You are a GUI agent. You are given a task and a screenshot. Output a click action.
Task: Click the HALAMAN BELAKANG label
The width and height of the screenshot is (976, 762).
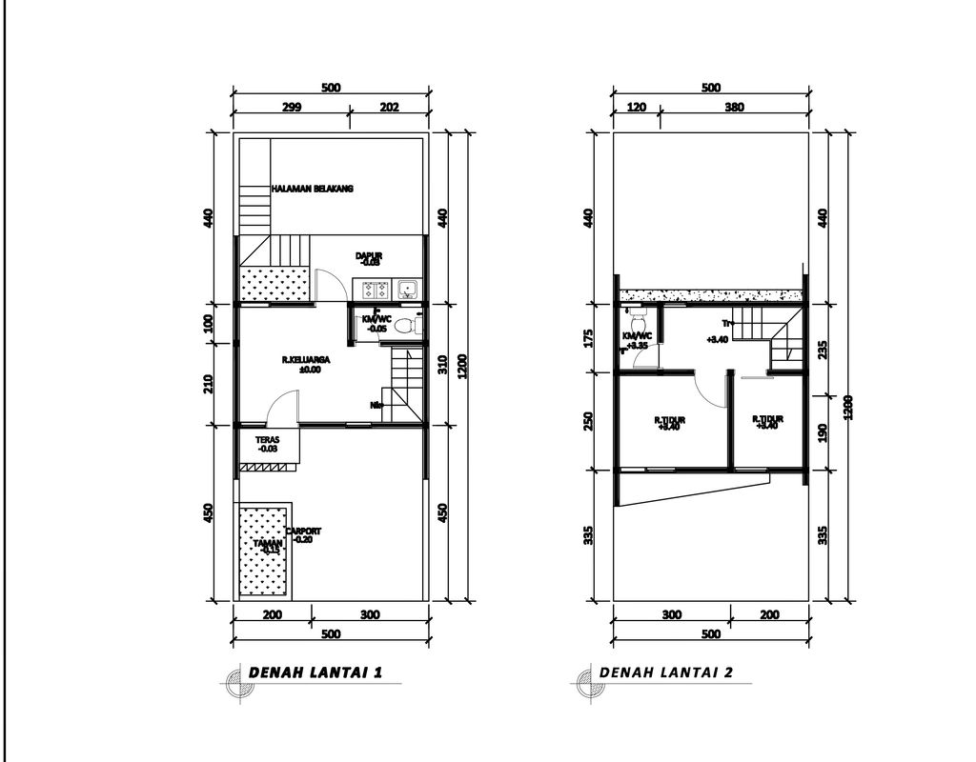coord(312,190)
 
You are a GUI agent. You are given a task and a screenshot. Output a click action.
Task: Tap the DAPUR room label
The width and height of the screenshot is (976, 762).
coord(369,255)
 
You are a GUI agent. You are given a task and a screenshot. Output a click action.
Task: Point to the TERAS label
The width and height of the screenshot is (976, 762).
coord(267,440)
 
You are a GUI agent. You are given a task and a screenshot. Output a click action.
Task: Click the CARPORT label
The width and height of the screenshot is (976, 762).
coord(303,531)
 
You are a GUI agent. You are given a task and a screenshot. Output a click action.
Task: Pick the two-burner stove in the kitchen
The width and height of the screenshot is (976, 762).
coord(371,288)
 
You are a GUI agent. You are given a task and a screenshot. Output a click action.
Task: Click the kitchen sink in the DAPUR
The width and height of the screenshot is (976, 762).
coord(407,288)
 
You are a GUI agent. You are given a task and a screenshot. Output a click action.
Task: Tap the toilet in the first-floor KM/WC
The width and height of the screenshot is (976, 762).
coord(405,326)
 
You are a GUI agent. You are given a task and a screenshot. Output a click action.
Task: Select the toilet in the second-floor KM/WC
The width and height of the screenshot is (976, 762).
coord(637,317)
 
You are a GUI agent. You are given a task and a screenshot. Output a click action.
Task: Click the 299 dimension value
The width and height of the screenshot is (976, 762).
coord(292,108)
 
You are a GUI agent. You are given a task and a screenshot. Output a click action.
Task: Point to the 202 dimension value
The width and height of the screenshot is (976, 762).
coord(389,108)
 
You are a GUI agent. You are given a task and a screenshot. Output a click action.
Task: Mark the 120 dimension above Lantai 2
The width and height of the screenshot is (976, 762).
coord(636,108)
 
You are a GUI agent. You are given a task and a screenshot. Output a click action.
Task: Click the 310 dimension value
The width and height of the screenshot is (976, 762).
coord(441,364)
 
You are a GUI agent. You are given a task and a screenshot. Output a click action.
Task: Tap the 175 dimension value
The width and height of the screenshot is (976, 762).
coord(589,338)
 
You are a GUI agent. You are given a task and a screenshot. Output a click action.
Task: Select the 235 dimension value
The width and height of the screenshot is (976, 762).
coord(822,350)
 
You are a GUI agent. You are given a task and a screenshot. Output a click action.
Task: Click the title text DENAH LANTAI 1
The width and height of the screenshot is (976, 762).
coord(315,672)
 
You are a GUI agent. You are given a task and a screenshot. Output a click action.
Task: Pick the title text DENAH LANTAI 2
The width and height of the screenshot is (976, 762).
coord(666,672)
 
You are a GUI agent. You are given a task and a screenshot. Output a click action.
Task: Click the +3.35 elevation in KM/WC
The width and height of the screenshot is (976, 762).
coord(637,345)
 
